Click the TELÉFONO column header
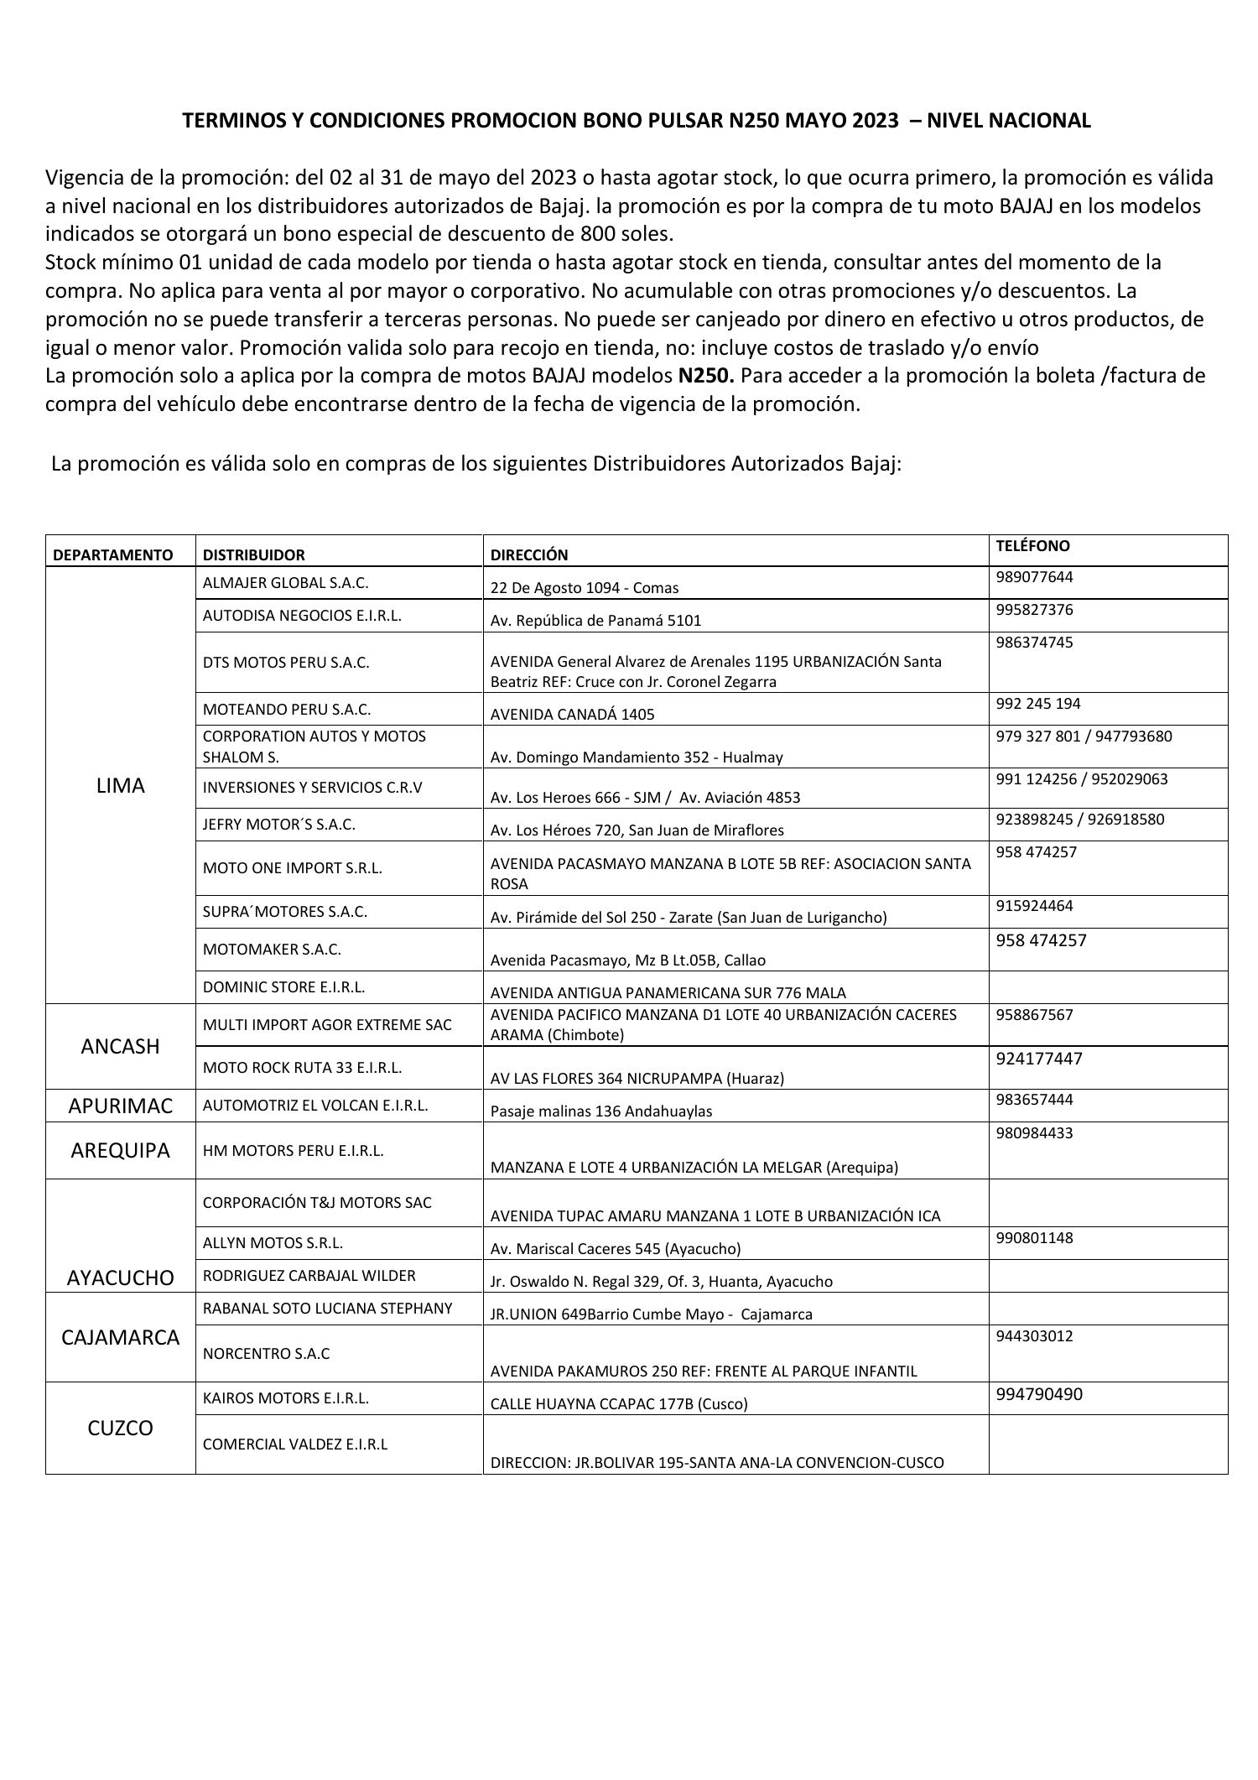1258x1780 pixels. click(x=1032, y=546)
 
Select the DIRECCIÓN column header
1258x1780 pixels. click(x=529, y=555)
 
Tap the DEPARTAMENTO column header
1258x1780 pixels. click(x=112, y=555)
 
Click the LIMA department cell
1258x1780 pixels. click(x=120, y=786)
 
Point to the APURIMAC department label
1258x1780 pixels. click(x=120, y=1106)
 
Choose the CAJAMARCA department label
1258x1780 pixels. click(x=120, y=1337)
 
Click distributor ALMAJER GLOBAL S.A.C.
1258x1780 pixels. click(x=285, y=582)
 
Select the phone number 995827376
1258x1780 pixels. click(x=1034, y=610)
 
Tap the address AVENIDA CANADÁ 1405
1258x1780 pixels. click(x=572, y=715)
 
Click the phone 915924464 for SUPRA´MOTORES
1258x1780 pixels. click(x=1034, y=906)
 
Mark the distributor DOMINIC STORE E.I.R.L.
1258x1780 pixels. click(x=283, y=987)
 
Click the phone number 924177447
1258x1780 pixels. click(x=1039, y=1059)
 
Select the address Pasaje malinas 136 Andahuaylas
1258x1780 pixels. click(x=600, y=1111)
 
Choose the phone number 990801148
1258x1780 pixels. click(x=1034, y=1238)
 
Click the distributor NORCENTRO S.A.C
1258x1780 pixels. click(x=266, y=1354)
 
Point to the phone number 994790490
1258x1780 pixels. click(x=1039, y=1394)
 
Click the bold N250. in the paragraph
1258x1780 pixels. click(x=705, y=376)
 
